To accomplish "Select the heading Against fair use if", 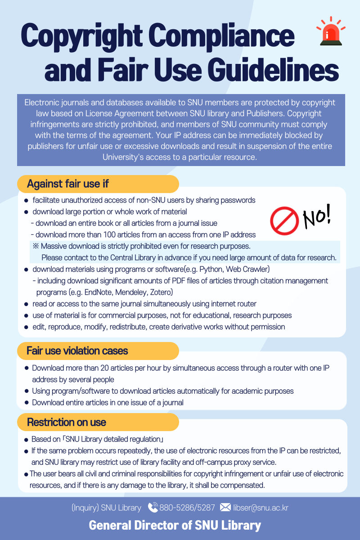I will point(67,184).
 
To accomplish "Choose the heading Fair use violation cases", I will point(77,351).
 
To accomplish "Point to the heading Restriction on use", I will point(67,422).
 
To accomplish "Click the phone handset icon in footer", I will point(153,508).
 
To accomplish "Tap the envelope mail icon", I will point(225,508).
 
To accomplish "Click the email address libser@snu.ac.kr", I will point(261,508).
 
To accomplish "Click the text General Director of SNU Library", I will point(175,525).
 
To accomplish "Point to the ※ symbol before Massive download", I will point(36,246).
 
